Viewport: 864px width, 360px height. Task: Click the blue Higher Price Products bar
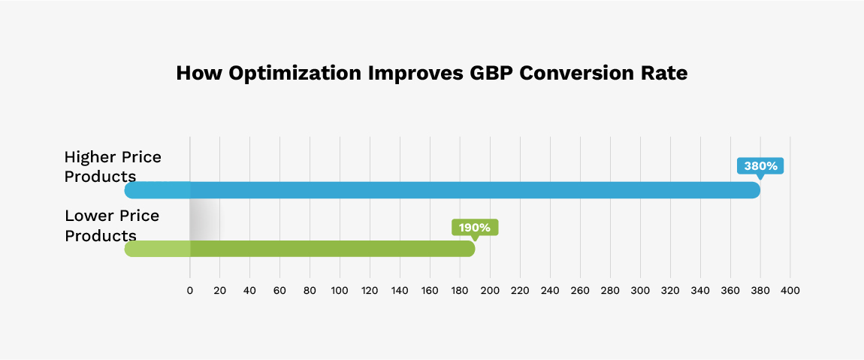coord(443,190)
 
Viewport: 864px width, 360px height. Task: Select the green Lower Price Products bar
coord(301,249)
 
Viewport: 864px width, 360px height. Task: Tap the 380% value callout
coord(760,166)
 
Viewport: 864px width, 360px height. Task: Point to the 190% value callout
coord(475,227)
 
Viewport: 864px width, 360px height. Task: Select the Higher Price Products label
coord(113,166)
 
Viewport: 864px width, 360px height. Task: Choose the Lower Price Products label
coord(112,225)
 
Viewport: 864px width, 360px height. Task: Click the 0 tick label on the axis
coord(190,291)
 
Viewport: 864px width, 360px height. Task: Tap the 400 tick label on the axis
coord(790,291)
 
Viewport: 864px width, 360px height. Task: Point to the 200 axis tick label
coord(490,291)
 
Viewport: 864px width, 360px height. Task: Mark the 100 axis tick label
coord(340,291)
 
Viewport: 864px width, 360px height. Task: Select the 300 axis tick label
coord(640,291)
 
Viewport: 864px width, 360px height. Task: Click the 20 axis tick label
coord(220,291)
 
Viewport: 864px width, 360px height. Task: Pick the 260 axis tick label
coord(580,291)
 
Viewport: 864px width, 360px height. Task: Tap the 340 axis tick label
coord(700,291)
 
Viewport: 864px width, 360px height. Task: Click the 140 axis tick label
coord(400,291)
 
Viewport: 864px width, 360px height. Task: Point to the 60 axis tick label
coord(280,291)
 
